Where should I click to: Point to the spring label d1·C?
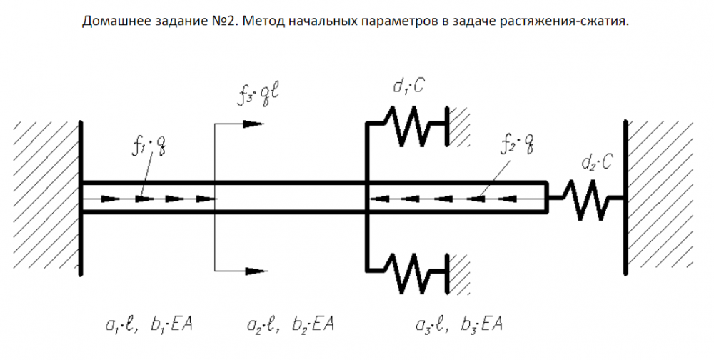click(409, 88)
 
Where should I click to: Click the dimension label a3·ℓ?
click(431, 326)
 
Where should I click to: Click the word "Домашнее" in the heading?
click(112, 21)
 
